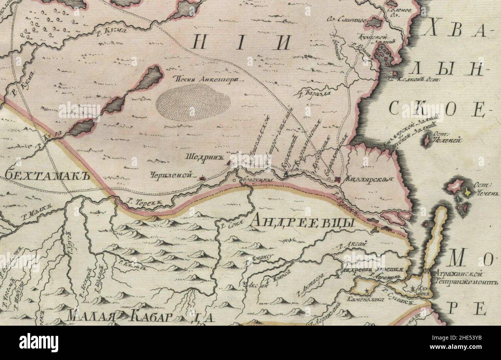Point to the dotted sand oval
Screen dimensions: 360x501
[x=193, y=103]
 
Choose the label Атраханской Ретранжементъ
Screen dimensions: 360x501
[x=465, y=278]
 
